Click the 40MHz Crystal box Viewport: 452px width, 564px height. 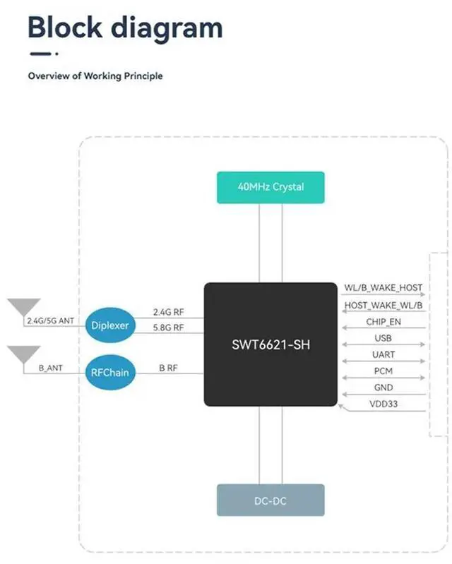[x=270, y=187]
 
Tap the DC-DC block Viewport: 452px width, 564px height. [x=270, y=500]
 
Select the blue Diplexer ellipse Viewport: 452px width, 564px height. [x=109, y=326]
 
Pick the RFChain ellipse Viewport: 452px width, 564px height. [x=109, y=371]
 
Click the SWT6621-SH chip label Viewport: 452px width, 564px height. [x=270, y=346]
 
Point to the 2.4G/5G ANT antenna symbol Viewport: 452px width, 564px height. [x=24, y=307]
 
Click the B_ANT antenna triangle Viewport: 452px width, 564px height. [x=24, y=354]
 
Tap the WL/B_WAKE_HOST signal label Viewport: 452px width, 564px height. [x=383, y=288]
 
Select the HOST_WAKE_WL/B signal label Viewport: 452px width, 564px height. [x=383, y=305]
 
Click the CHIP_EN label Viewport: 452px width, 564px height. [x=383, y=322]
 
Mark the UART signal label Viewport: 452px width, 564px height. [x=383, y=354]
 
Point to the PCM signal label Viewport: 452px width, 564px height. [x=383, y=371]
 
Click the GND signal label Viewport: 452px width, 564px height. [x=383, y=388]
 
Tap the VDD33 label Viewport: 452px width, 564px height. [x=383, y=404]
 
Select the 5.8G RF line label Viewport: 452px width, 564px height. [x=168, y=327]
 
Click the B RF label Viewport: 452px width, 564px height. [x=168, y=368]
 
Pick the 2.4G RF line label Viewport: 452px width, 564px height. [x=168, y=311]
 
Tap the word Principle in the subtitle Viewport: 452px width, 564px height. [x=141, y=76]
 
